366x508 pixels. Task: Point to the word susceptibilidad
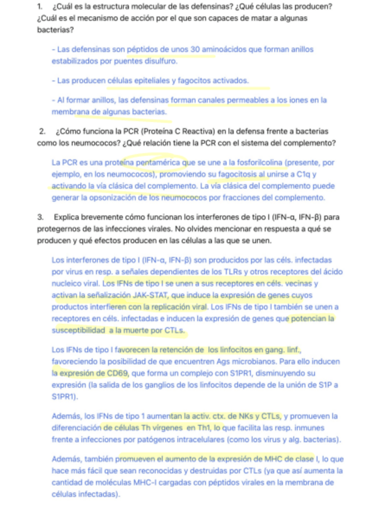point(80,330)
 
